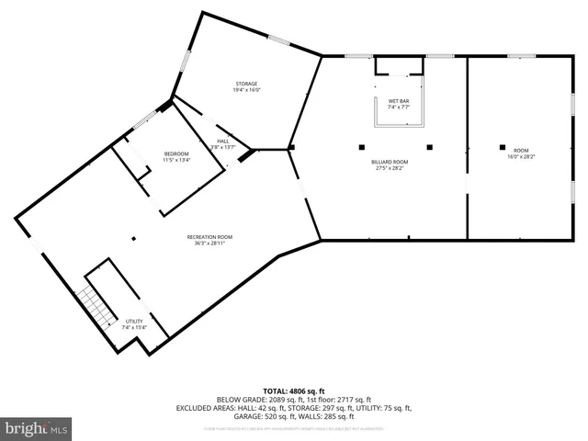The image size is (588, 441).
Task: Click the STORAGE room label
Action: click(245, 84)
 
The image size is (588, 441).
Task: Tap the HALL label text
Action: click(222, 141)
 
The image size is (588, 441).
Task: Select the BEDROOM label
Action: click(176, 153)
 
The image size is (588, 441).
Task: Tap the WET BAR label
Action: click(398, 101)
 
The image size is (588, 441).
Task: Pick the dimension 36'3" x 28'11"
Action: click(210, 243)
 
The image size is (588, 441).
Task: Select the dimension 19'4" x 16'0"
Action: click(245, 90)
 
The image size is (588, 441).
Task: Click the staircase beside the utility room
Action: click(91, 307)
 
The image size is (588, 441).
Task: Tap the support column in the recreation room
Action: click(133, 239)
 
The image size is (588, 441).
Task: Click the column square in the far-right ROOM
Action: click(503, 146)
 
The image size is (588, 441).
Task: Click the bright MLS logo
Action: click(37, 429)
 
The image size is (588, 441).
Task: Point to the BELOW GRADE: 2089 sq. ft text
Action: click(255, 400)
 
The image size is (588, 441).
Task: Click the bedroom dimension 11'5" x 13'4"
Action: click(176, 160)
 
